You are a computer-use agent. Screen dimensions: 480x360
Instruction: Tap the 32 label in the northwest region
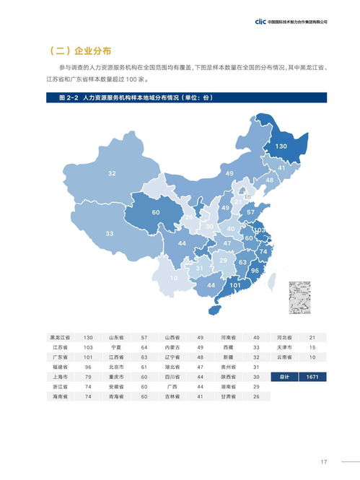[x=112, y=174]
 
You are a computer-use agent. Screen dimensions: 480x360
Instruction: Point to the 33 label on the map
[x=110, y=234]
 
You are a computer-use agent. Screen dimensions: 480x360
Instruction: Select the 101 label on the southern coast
[x=234, y=286]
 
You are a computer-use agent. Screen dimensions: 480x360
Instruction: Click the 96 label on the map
[x=254, y=271]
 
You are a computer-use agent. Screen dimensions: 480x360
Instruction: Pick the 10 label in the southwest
[x=174, y=278]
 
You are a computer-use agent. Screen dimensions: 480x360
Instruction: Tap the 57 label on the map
[x=250, y=213]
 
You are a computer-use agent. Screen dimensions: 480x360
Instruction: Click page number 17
[x=324, y=462]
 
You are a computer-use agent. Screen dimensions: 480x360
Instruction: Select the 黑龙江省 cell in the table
[x=60, y=337]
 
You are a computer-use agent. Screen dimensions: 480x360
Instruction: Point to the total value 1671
[x=312, y=377]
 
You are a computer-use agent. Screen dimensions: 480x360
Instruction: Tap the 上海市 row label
[x=60, y=377]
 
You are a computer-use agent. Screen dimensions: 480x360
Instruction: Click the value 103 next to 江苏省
[x=88, y=347]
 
